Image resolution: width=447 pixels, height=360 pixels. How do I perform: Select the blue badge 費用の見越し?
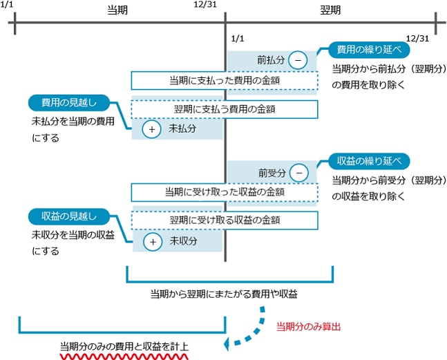point(70,102)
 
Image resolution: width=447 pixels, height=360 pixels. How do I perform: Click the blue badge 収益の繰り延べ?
point(368,161)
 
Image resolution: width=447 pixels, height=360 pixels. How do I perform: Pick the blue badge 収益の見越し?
point(70,215)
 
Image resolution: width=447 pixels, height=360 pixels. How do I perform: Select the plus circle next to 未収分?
point(151,241)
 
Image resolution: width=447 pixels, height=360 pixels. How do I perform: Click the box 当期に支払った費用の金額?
point(225,81)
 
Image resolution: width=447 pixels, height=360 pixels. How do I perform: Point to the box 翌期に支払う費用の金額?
point(225,109)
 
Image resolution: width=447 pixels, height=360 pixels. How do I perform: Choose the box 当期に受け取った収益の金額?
point(225,193)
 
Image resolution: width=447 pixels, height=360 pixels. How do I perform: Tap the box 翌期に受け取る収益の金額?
point(225,220)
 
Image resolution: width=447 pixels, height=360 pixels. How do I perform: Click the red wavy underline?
point(124,357)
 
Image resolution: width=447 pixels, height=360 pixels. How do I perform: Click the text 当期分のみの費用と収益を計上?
point(124,345)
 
